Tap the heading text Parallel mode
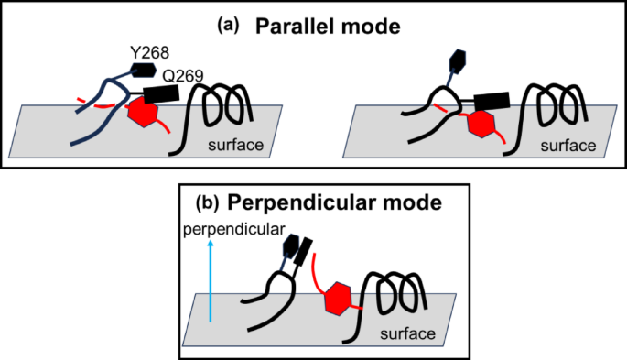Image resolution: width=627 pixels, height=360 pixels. [330, 27]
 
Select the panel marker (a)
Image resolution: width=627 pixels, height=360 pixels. [229, 25]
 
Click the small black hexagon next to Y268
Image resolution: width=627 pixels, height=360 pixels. [144, 69]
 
